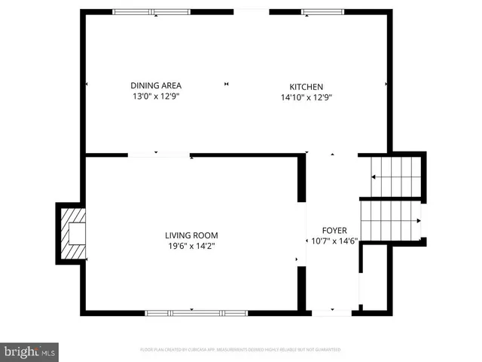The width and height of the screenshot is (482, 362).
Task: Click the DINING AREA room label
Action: (x=156, y=85)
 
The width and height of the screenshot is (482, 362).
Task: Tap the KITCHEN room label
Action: (x=307, y=86)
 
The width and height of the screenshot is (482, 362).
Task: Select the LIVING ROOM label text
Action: (x=192, y=235)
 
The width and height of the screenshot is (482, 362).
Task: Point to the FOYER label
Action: (x=334, y=231)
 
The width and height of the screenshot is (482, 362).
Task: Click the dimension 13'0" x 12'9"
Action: (x=156, y=97)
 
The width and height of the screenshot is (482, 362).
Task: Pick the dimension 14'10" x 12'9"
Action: (x=307, y=97)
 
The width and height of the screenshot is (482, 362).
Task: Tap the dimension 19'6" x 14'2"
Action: (x=192, y=246)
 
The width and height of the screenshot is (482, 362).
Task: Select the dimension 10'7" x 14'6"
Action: (x=334, y=242)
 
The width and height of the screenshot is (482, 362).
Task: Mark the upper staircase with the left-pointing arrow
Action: (x=395, y=176)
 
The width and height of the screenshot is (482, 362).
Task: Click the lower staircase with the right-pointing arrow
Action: (x=391, y=220)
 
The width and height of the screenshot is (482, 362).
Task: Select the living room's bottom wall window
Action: (x=196, y=312)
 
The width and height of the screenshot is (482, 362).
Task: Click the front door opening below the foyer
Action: (x=332, y=311)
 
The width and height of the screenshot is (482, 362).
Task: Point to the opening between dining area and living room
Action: (x=159, y=155)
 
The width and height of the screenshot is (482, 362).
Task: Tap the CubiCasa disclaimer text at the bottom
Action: (x=241, y=350)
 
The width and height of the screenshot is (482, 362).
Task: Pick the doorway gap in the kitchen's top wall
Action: (x=252, y=11)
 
